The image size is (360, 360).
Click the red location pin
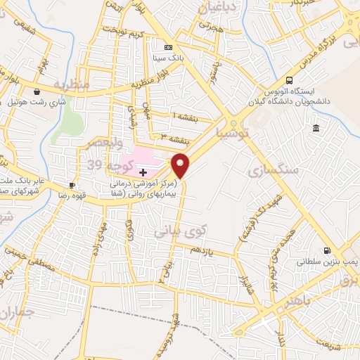[x=181, y=165]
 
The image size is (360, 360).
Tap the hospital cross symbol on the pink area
[x=143, y=172]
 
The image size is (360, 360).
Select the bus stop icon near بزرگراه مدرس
[x=289, y=79]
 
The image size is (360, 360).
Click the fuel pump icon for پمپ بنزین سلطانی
[x=326, y=250]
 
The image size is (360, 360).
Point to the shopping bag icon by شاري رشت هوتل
[x=37, y=91]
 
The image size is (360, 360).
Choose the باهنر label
[x=288, y=302]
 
